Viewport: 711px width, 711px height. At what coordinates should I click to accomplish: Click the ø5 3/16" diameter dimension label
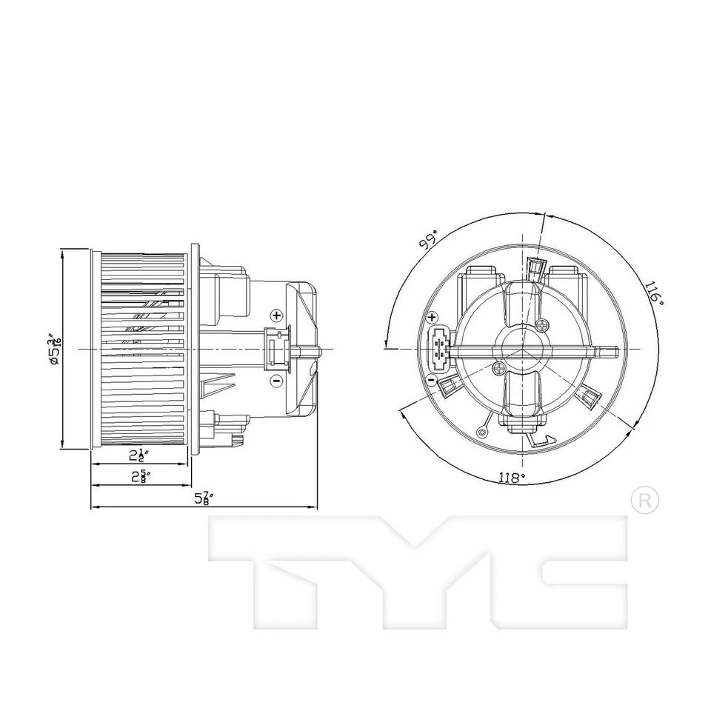[x=53, y=350]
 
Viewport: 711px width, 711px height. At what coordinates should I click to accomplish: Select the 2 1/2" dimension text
[x=138, y=455]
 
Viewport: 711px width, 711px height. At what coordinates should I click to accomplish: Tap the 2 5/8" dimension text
[x=138, y=476]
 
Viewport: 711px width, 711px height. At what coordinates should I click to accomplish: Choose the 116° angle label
[x=653, y=293]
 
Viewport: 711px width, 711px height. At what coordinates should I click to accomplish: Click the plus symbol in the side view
[x=276, y=316]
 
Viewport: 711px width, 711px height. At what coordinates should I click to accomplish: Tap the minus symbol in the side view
[x=276, y=381]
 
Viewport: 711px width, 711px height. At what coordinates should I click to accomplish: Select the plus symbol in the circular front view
[x=433, y=318]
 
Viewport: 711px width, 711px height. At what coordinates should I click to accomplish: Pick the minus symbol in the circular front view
[x=431, y=380]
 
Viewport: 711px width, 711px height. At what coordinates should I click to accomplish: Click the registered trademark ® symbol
[x=644, y=500]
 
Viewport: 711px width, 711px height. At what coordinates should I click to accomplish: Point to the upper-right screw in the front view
[x=547, y=324]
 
